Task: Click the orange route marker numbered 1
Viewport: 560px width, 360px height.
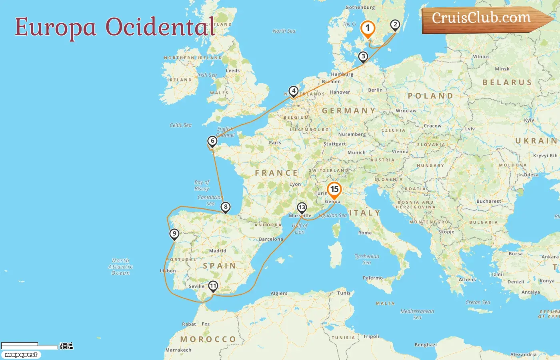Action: coord(367,29)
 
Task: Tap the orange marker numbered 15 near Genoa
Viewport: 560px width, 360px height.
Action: coord(334,190)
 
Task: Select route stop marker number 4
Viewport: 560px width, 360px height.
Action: coord(294,91)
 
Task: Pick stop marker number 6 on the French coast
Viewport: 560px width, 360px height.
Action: coord(212,141)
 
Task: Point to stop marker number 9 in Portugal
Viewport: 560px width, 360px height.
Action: coord(174,234)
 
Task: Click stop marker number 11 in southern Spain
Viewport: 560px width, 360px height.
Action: coord(213,286)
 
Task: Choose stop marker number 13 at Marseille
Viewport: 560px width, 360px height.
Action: coord(302,208)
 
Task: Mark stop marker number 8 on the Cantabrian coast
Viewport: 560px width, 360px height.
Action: coord(226,207)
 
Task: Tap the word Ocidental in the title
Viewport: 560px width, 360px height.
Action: coord(160,27)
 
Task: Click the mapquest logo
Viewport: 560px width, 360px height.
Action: coord(21,355)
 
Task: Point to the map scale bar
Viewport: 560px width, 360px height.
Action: coord(30,346)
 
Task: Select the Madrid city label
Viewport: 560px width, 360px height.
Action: coord(218,251)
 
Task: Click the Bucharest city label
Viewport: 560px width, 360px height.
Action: coord(488,201)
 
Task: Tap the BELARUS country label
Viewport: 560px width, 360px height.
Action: coord(507,82)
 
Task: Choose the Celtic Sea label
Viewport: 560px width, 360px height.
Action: coord(180,125)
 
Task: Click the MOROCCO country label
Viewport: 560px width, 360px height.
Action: coord(208,339)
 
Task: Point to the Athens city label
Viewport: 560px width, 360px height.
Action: coord(467,280)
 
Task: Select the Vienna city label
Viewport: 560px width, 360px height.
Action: coord(400,152)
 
